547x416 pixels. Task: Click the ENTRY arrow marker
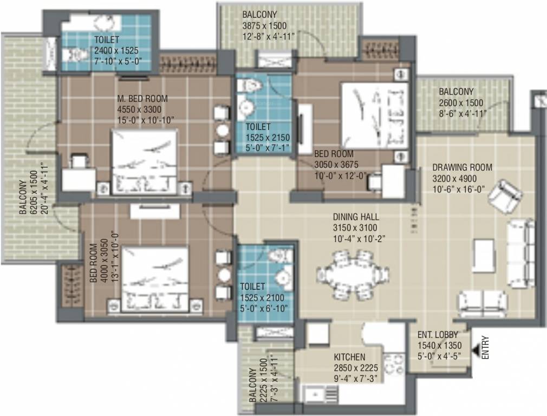tap(477, 353)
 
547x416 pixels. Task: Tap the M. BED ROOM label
tap(142, 99)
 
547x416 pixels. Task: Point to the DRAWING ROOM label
tap(462, 167)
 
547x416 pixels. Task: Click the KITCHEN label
tap(349, 357)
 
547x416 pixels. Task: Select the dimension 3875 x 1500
tap(264, 25)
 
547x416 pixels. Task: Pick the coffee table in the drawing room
tap(483, 255)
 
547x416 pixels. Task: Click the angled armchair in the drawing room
tap(505, 194)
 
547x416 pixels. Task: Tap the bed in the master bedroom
tap(144, 161)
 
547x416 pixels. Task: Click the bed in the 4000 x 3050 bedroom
tap(155, 279)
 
